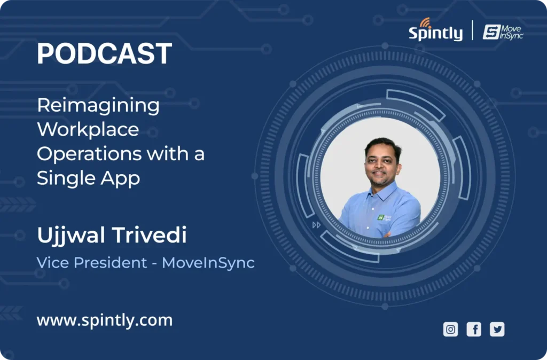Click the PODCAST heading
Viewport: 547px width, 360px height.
(x=104, y=53)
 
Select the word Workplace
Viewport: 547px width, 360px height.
(x=88, y=129)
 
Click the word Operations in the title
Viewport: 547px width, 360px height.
(x=89, y=154)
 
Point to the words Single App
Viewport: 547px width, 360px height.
(x=88, y=178)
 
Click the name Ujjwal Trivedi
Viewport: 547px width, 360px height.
(x=112, y=235)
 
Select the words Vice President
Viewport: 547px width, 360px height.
(x=92, y=262)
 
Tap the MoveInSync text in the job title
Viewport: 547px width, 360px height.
(x=208, y=263)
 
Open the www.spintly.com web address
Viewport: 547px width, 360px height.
(x=105, y=320)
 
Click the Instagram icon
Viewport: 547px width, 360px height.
(x=450, y=330)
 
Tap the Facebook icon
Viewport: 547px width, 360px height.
(x=474, y=330)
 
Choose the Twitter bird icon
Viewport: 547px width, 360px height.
(x=497, y=330)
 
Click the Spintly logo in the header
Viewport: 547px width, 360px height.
(x=436, y=30)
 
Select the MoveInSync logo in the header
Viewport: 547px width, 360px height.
(x=503, y=32)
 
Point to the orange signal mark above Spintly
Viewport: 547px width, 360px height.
(x=425, y=22)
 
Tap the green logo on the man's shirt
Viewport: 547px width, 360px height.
(x=384, y=218)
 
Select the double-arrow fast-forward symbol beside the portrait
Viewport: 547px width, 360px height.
(x=316, y=225)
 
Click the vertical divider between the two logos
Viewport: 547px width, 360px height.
(x=473, y=30)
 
